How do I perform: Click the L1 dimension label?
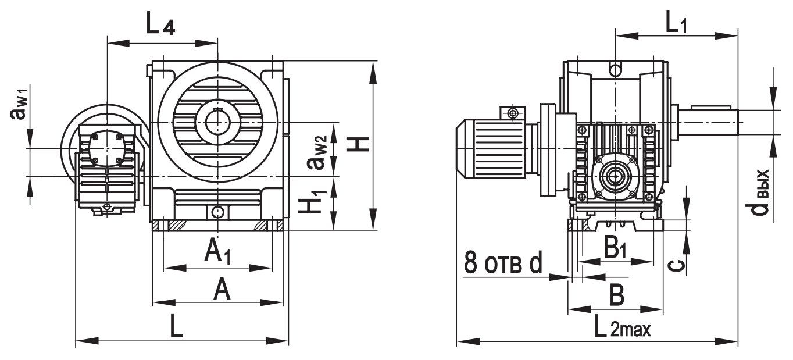point(676,24)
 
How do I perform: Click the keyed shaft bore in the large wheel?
point(217,122)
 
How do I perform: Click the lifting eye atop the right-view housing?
point(615,70)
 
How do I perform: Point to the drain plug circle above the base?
point(217,212)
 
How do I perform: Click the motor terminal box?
point(512,112)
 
